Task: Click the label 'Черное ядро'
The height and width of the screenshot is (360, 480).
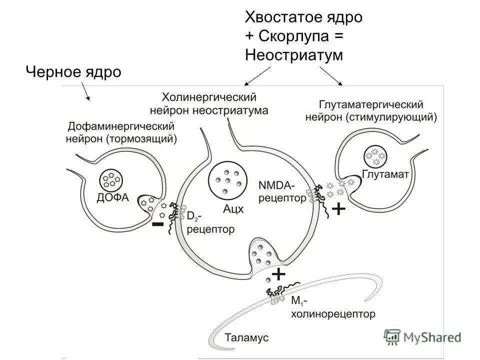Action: [x=73, y=72]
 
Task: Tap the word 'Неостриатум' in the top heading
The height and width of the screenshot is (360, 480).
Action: [x=294, y=54]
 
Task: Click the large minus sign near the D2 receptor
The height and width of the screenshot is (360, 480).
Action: [x=157, y=225]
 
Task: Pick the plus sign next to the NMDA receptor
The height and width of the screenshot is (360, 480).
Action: [x=338, y=209]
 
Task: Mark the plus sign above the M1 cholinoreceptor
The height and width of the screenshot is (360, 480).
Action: [x=277, y=274]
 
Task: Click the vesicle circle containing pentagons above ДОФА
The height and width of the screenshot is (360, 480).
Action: [x=112, y=178]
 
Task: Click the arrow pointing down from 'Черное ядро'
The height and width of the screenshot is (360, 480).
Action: [x=85, y=93]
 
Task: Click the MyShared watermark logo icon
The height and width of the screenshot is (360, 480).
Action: [x=392, y=337]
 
